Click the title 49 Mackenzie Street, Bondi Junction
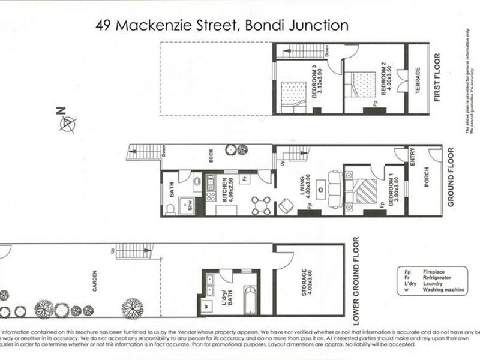[223, 25]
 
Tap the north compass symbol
[67, 123]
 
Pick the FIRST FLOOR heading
[437, 78]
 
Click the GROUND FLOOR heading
[451, 178]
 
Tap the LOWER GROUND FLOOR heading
[355, 277]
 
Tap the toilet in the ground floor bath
[170, 208]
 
